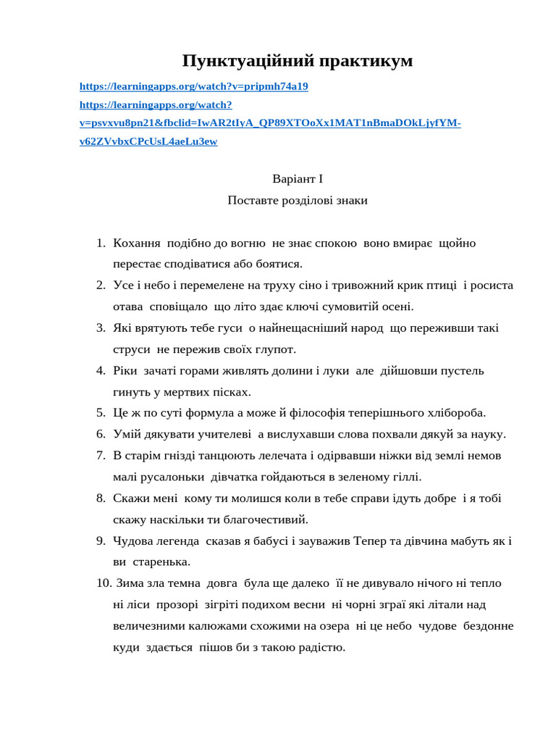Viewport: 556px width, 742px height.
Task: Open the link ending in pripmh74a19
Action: [x=193, y=86]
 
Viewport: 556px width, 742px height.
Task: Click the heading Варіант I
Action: [x=297, y=178]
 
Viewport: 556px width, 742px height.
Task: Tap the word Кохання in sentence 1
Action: [x=137, y=243]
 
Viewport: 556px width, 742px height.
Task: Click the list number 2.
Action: [x=101, y=285]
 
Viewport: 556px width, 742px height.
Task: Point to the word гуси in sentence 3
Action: [x=230, y=328]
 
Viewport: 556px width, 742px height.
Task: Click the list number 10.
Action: [x=104, y=583]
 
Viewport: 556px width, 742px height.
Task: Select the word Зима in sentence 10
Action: [x=130, y=583]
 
